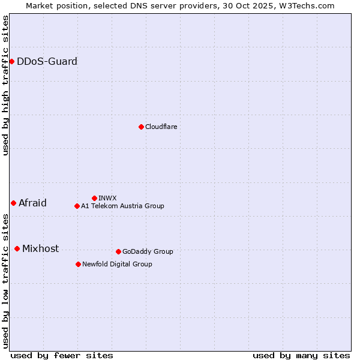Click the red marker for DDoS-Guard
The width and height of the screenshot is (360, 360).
[11, 61]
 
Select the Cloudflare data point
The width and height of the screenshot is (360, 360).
[141, 127]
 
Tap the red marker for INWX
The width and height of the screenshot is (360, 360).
[94, 198]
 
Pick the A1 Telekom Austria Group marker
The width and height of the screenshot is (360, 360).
[77, 206]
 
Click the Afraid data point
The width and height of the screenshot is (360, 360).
[13, 203]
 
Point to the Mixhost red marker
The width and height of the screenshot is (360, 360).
[17, 248]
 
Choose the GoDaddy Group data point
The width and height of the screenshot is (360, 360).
[118, 251]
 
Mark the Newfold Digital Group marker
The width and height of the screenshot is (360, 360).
[78, 264]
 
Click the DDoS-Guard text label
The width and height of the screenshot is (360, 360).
[47, 61]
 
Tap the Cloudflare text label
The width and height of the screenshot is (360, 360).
[161, 127]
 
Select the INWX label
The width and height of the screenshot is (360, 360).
[107, 198]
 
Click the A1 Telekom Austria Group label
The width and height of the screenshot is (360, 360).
[122, 206]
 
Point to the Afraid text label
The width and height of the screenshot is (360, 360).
[32, 203]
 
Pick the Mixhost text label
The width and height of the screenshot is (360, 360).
[40, 248]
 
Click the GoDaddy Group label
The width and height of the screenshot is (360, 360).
[148, 251]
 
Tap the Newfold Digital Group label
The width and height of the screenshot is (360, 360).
[117, 264]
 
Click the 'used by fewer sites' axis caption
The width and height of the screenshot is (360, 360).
[62, 355]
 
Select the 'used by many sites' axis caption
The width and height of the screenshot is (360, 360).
[301, 355]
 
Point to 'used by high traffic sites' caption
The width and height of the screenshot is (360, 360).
[5, 85]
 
